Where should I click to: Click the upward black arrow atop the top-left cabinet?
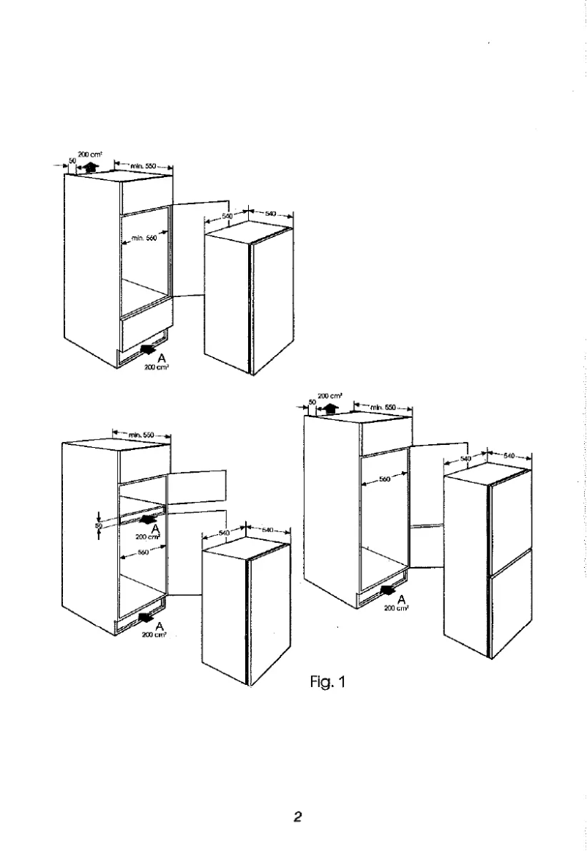point(90,167)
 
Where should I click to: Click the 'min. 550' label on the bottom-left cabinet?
point(141,435)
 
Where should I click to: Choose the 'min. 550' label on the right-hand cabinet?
point(383,406)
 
